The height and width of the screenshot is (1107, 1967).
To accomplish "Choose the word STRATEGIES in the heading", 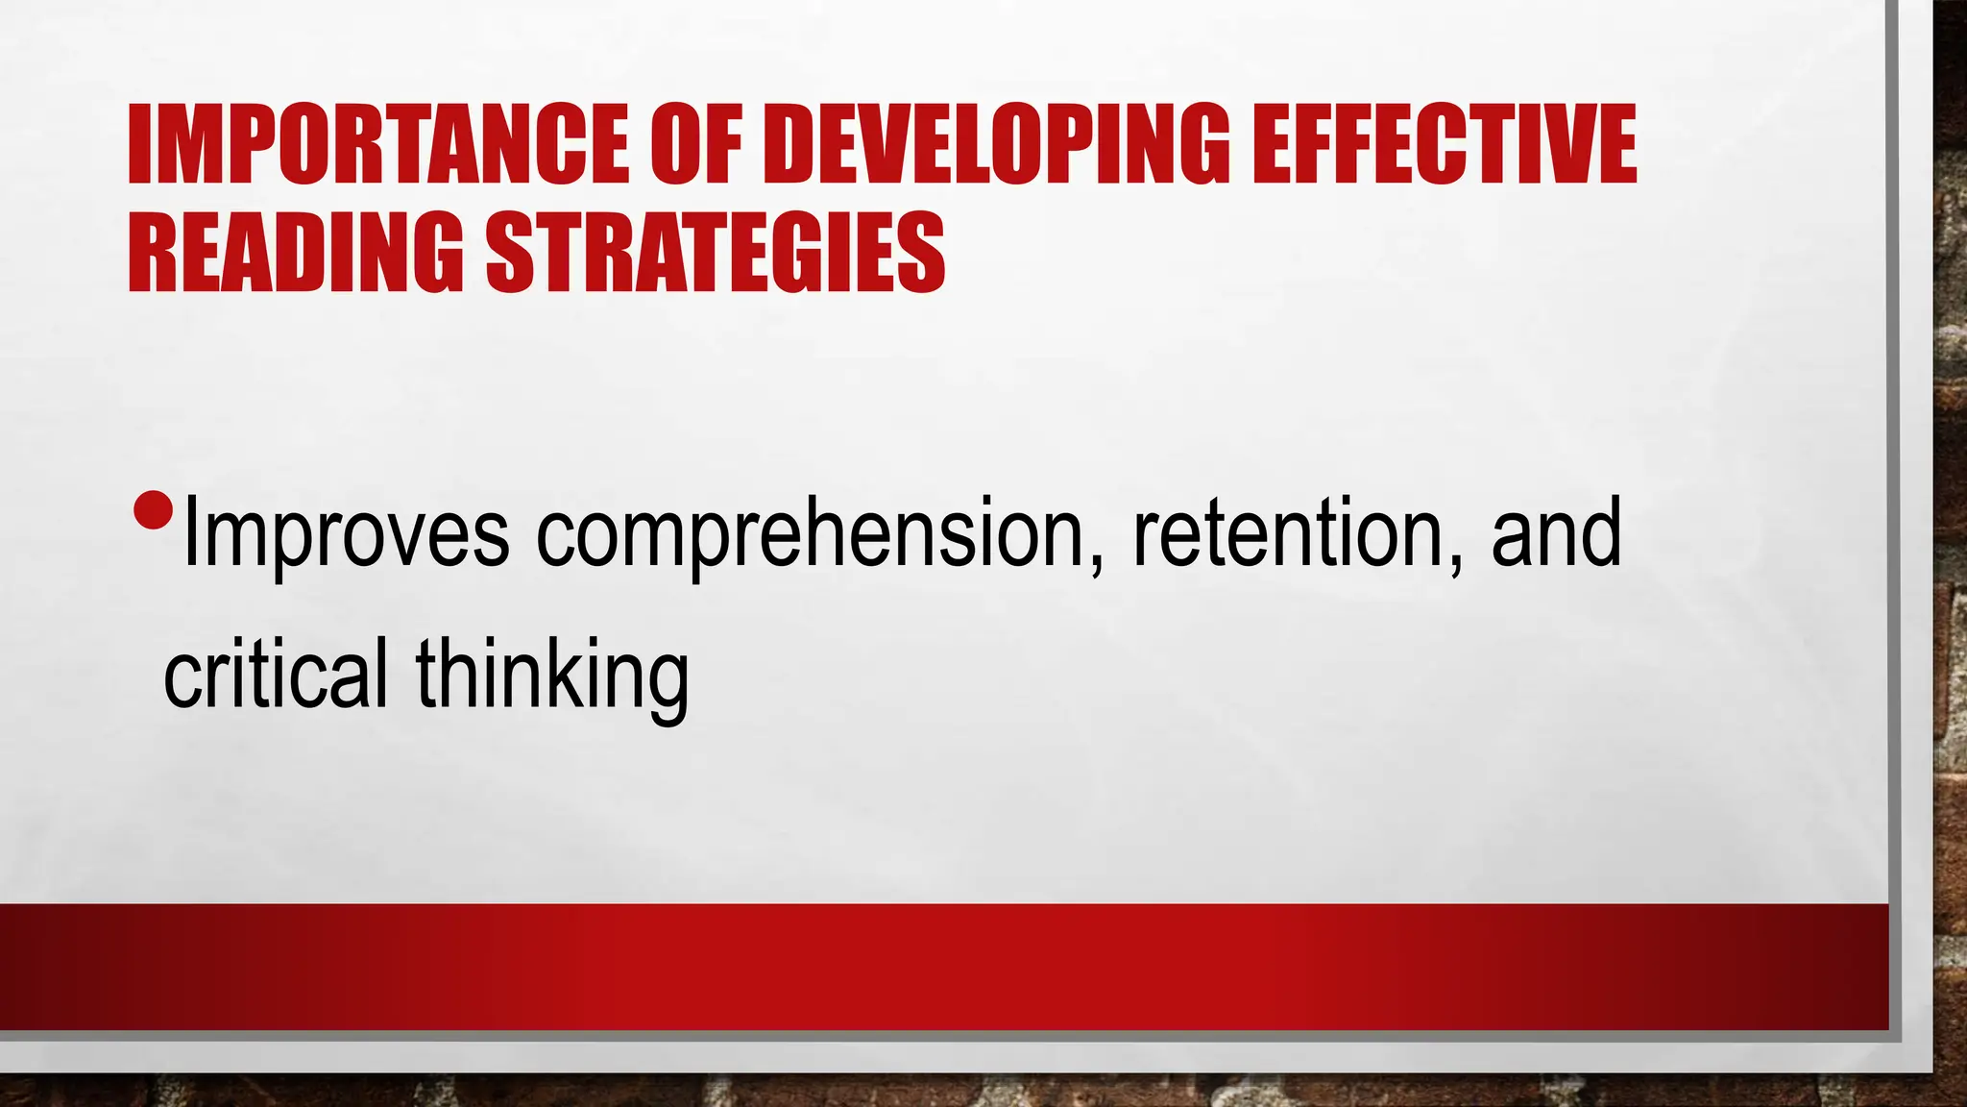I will (716, 253).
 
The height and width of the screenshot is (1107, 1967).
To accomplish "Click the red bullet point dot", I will (153, 510).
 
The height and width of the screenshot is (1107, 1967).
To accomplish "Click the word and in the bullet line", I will (1556, 533).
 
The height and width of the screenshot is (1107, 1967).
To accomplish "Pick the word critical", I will (276, 673).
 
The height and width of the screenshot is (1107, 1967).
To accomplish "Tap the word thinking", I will (552, 673).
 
